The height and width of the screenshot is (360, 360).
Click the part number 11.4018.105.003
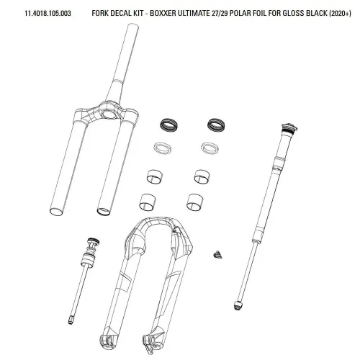tap(48, 13)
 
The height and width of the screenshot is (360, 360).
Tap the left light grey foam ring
tap(163, 148)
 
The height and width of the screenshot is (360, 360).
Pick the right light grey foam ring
tap(210, 148)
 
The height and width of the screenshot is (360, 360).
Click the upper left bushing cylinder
tap(154, 176)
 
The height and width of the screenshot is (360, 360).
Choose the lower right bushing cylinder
tap(194, 202)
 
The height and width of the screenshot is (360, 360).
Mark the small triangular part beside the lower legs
tap(217, 255)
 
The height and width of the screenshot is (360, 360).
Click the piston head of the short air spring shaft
tap(87, 261)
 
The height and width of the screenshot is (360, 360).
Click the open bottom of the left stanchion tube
tap(57, 212)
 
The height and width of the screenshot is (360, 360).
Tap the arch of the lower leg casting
tap(158, 222)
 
